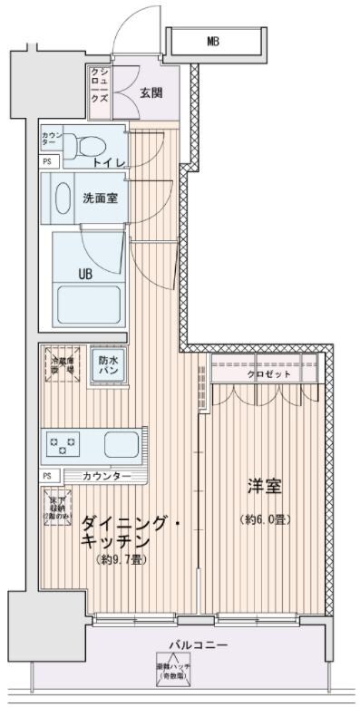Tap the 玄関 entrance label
coord(153,92)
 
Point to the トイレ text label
coord(109,162)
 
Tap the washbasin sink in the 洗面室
coord(63,197)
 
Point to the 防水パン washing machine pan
coord(108,364)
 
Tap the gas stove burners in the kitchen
coord(64,444)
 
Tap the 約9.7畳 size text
coord(122,559)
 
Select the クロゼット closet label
coord(266,373)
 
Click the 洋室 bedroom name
coord(264,487)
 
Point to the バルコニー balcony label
coord(197,645)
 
